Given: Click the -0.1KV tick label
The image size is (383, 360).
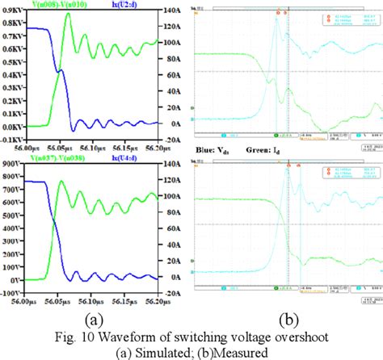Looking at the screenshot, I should (11, 140).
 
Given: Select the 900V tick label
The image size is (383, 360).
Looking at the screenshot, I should (12, 165).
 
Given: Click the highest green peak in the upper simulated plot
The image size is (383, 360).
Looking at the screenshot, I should (68, 14).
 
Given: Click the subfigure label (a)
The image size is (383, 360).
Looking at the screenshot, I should (96, 316).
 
